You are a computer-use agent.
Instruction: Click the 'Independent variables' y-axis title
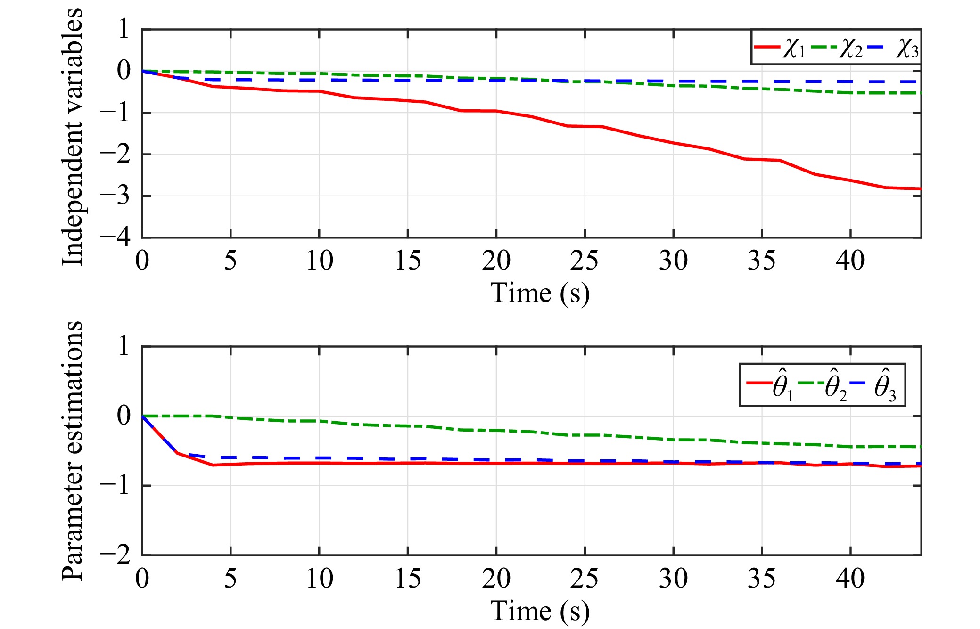[72, 137]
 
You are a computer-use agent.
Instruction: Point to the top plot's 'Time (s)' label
[540, 293]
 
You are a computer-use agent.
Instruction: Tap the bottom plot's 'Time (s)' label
[540, 611]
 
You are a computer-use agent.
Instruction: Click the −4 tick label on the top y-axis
[116, 237]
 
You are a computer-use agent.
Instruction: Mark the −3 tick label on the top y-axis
[116, 195]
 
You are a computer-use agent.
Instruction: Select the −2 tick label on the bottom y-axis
[116, 555]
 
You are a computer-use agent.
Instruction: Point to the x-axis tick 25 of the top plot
[584, 261]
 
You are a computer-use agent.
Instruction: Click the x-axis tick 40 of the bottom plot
[850, 579]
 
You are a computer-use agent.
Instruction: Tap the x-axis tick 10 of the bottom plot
[319, 579]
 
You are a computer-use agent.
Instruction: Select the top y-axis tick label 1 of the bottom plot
[124, 346]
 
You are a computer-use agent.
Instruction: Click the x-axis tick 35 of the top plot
[761, 261]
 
